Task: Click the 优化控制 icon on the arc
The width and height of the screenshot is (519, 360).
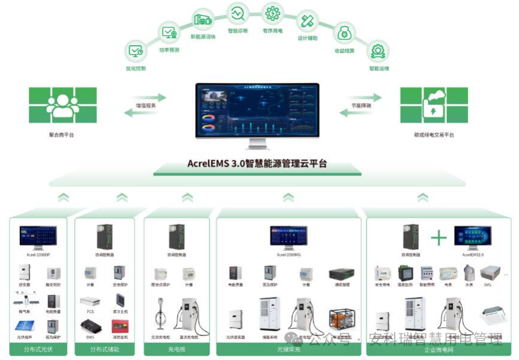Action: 136,51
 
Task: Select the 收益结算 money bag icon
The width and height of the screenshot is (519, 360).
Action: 344,32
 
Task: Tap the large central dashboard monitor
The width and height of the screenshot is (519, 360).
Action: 257,111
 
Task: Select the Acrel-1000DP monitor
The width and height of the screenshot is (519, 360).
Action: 38,236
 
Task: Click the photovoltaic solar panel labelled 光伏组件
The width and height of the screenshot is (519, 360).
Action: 23,328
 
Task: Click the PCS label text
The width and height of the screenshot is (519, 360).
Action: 90,312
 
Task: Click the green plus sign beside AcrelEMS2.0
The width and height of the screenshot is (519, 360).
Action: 439,238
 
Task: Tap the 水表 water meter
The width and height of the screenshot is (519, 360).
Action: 469,272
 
